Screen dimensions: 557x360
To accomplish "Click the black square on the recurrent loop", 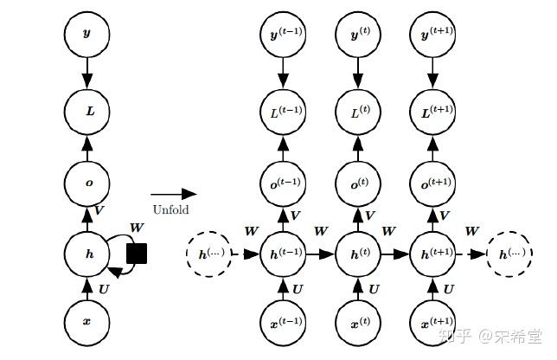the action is coord(137,254).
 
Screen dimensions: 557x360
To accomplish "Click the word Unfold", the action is coord(171,209).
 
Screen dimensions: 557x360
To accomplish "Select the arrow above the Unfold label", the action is coord(174,194).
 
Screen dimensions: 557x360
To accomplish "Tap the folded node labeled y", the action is coord(87,35).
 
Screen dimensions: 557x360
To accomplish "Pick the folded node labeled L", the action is coord(87,112).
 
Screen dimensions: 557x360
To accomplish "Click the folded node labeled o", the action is coord(87,183).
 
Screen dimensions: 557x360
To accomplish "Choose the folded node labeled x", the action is coord(87,322).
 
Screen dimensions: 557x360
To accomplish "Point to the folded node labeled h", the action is coord(87,254).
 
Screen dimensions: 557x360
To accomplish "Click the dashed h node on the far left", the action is coord(209,254).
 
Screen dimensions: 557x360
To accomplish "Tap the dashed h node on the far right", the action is coord(509,254).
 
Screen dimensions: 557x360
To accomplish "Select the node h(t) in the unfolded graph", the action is coord(358,254).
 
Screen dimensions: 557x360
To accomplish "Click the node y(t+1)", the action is coord(432,35).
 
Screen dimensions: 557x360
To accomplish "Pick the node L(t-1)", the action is coord(283,112).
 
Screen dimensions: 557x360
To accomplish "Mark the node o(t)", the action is coord(358,183).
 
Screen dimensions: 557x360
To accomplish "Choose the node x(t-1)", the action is coord(283,322).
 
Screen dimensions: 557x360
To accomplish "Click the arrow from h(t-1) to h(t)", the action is coord(320,254).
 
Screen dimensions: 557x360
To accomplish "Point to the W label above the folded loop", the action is coord(137,228).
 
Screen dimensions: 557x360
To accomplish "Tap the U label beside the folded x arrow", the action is coord(104,290).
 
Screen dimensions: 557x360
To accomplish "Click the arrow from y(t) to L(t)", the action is coord(358,74).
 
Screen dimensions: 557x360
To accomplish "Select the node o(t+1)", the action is coord(432,183).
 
